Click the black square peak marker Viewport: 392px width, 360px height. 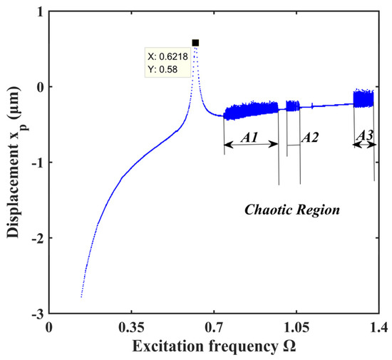point(195,43)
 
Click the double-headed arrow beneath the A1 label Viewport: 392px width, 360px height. point(251,145)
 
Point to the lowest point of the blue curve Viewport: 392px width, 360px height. point(82,297)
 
